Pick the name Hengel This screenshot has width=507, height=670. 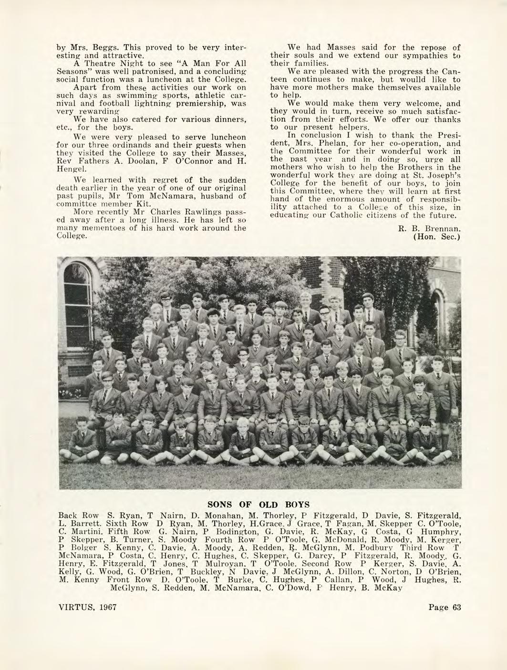tap(69, 169)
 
